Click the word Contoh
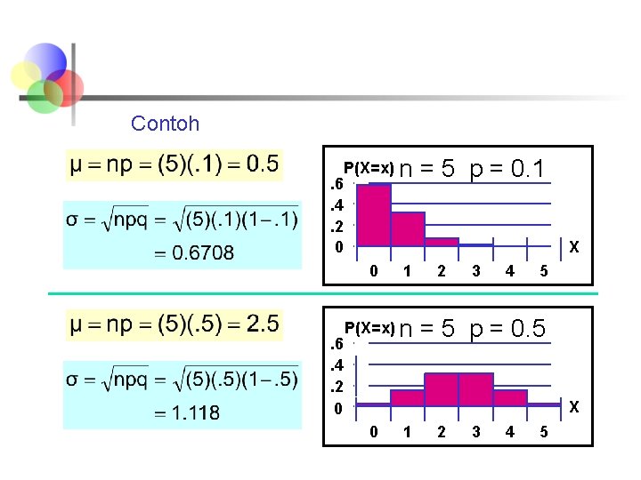click(x=165, y=124)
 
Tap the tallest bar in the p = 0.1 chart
click(x=374, y=214)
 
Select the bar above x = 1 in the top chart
click(x=408, y=228)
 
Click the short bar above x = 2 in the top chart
click(x=442, y=241)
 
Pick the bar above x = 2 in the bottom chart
click(x=442, y=389)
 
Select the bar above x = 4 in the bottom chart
click(x=510, y=397)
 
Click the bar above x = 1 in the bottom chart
click(x=408, y=397)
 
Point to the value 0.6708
click(x=203, y=253)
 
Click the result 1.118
click(x=191, y=413)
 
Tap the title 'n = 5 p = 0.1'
click(x=473, y=168)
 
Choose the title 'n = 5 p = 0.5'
click(x=473, y=329)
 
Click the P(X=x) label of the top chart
click(x=369, y=168)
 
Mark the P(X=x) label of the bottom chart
click(x=369, y=329)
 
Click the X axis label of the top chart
click(x=574, y=246)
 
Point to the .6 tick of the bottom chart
click(x=337, y=344)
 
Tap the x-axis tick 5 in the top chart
click(x=544, y=270)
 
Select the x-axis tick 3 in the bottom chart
click(x=476, y=432)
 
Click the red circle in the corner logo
click(x=65, y=87)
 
